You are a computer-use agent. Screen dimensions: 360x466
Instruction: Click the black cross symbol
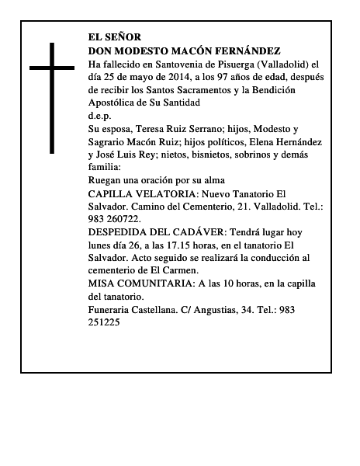click(53, 98)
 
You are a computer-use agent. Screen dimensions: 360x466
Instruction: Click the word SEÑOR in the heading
click(125, 36)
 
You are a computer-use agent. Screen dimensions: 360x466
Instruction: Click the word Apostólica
click(115, 103)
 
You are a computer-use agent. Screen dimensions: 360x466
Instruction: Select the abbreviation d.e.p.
click(99, 116)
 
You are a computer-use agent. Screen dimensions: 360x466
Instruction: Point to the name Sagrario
click(109, 142)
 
